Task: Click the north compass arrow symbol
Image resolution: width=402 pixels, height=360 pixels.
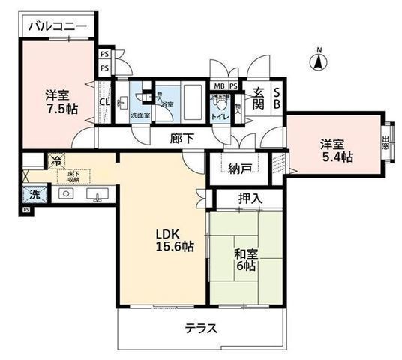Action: point(318,59)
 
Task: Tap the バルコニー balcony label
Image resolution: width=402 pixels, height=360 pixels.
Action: point(58,27)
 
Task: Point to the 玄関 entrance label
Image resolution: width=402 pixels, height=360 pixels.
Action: point(257,97)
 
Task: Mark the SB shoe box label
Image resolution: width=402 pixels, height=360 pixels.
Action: point(276,97)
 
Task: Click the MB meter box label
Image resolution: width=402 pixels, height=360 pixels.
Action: point(218,85)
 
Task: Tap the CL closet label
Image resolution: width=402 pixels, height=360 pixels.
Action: point(104,103)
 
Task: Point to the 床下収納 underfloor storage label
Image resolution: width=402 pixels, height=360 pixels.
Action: point(73,177)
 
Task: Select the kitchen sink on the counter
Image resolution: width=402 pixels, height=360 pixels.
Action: point(95,194)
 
